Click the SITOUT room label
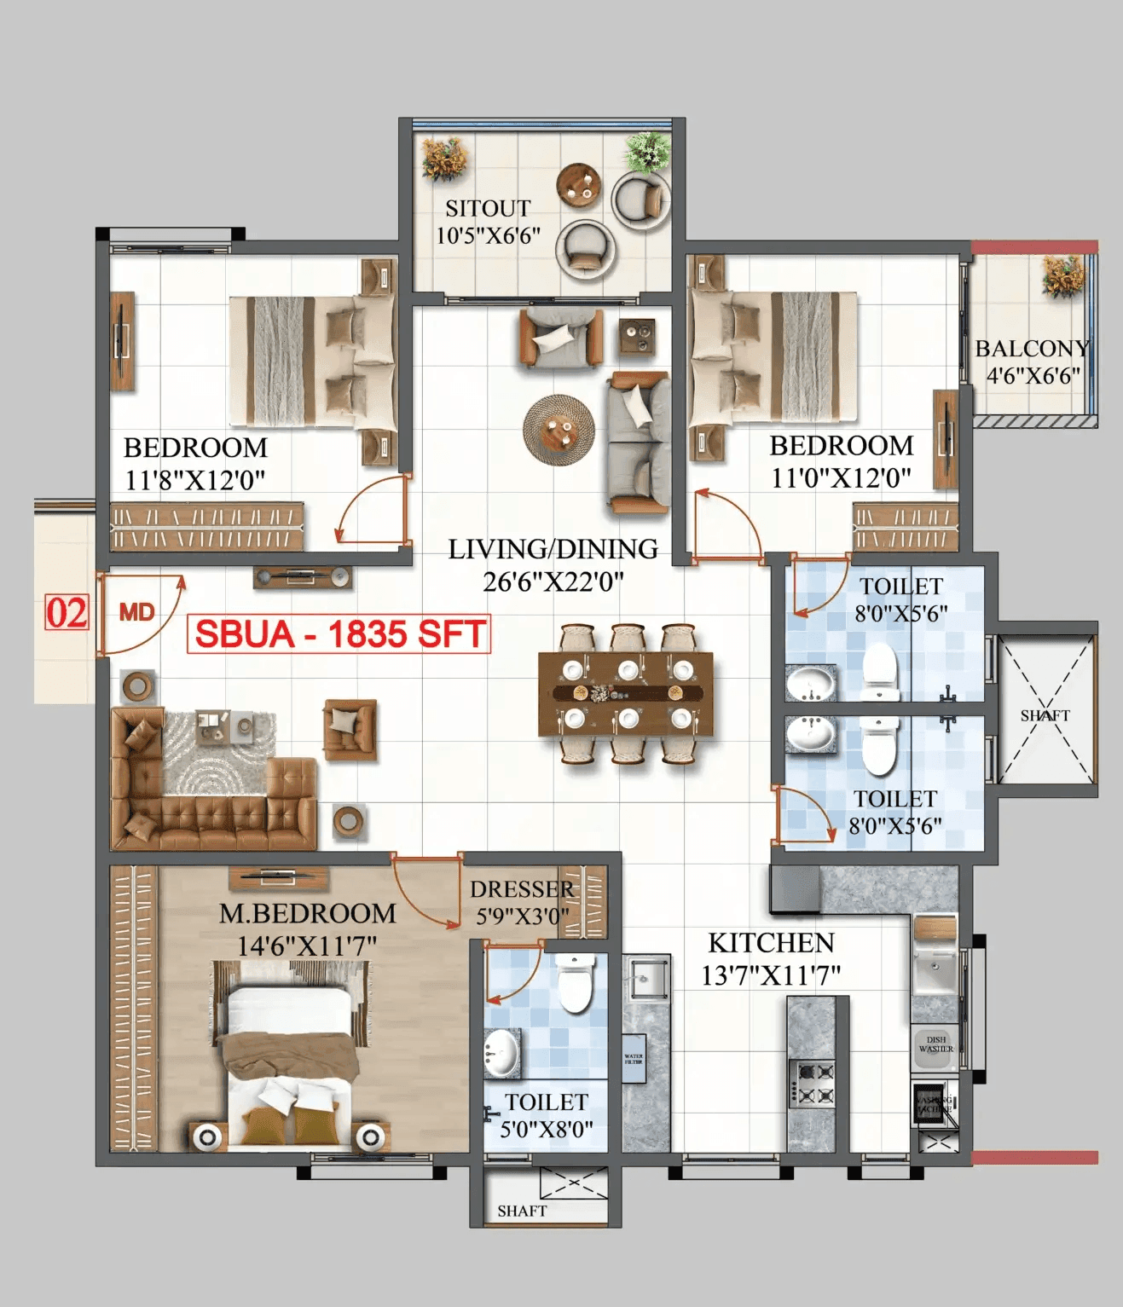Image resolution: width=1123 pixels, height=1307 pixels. (x=488, y=208)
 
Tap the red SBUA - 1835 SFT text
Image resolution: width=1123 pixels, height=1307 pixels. (x=339, y=634)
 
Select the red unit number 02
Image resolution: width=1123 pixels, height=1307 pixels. (x=66, y=613)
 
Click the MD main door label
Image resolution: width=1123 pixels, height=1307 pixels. (x=136, y=611)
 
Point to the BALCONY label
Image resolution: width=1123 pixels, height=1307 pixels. (x=1032, y=349)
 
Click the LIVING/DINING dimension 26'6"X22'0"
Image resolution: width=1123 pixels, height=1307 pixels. (x=553, y=581)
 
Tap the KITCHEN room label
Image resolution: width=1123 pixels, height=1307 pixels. (x=771, y=943)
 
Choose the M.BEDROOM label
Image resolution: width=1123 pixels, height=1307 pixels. (x=307, y=914)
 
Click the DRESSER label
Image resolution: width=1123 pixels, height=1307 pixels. (x=521, y=889)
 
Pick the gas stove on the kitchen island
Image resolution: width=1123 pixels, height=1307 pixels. (x=813, y=1083)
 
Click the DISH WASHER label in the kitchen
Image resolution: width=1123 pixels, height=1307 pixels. (x=935, y=1044)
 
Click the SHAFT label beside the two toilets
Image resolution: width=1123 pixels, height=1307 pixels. (x=1045, y=715)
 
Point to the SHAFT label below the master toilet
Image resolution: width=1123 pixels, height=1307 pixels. (x=522, y=1211)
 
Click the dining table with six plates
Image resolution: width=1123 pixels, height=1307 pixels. (x=626, y=693)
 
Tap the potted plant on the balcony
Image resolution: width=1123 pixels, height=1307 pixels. (x=1062, y=275)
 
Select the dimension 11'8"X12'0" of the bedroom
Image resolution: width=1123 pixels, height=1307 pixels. (x=195, y=480)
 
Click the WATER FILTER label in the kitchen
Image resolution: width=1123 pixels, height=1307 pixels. (x=634, y=1059)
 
